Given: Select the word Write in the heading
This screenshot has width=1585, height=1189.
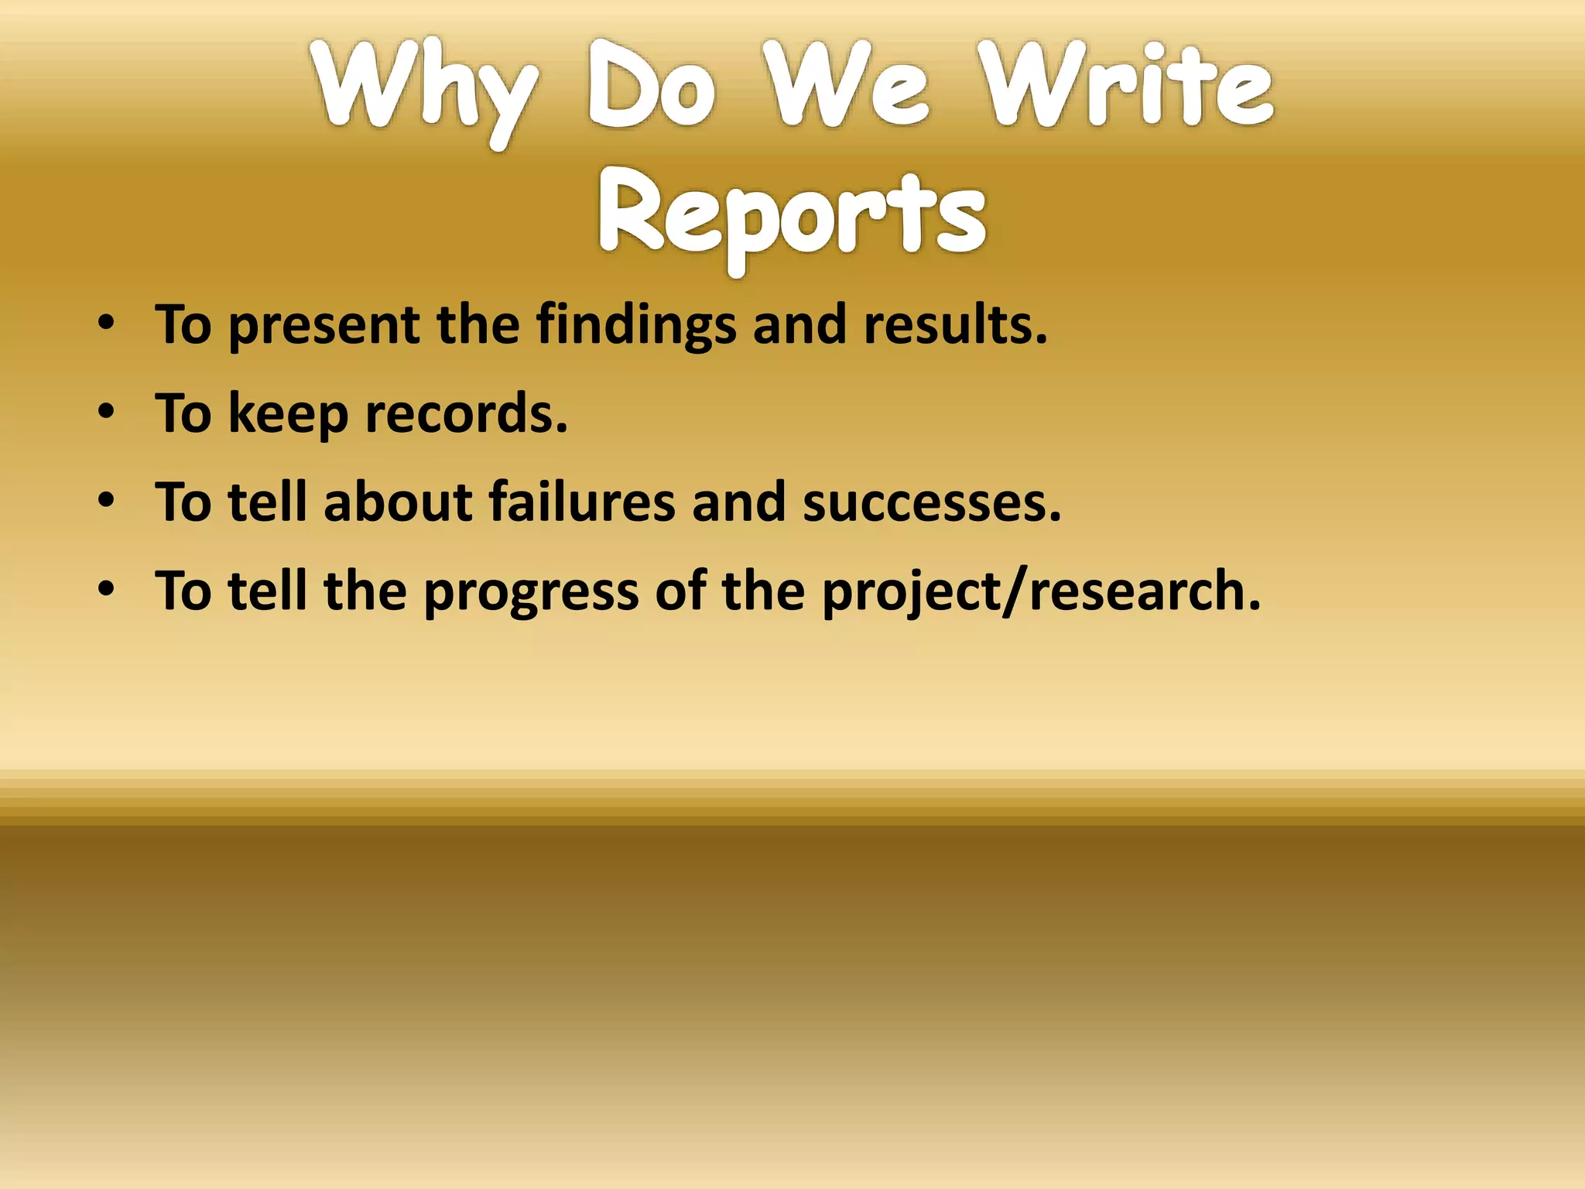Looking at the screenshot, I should (1126, 85).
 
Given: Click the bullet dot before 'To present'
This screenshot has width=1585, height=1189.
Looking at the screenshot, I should (107, 324).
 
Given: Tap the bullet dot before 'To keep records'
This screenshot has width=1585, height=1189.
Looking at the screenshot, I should (107, 413).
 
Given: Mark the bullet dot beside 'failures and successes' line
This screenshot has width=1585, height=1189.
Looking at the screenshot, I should (107, 502).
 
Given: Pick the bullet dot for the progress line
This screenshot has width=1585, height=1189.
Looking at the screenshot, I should (107, 591).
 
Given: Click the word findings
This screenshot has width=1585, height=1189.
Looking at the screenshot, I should (636, 325).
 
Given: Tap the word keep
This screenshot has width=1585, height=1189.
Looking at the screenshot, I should (289, 414).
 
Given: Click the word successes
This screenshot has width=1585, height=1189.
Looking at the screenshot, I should (932, 503).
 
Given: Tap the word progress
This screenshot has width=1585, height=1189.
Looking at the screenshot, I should (531, 593).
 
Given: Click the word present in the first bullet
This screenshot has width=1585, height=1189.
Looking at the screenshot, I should (324, 325).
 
